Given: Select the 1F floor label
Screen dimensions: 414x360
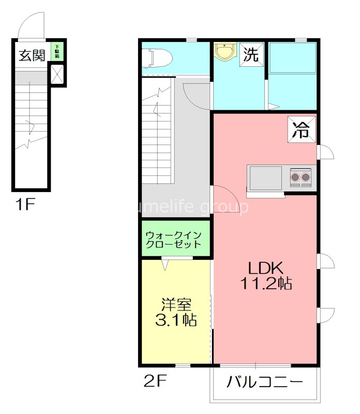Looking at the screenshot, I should click(24, 205).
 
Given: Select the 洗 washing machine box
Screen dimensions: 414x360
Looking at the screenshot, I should click(251, 55).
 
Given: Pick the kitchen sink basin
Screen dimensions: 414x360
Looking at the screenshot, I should click(265, 178).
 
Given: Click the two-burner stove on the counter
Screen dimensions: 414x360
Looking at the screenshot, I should click(301, 178).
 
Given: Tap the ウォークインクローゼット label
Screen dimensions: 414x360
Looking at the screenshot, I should click(176, 239).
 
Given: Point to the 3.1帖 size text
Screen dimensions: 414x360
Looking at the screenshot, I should click(176, 320).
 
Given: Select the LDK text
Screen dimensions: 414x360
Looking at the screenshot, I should click(265, 268).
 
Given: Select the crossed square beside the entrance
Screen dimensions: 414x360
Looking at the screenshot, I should click(57, 75).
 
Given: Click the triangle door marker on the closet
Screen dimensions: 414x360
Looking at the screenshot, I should click(165, 264).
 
